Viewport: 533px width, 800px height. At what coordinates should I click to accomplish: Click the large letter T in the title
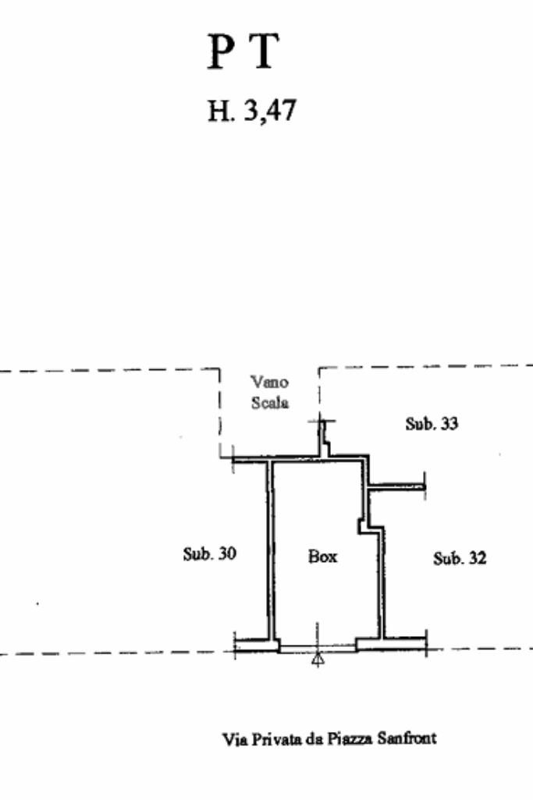pos(265,53)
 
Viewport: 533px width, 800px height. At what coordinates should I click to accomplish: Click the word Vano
pos(269,382)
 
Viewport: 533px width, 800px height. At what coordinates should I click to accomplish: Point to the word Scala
pos(269,403)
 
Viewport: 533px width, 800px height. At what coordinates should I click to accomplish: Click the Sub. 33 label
pos(432,424)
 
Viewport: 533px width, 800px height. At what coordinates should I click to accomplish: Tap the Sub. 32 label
pos(460,558)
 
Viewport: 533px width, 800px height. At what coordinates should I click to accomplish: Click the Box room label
pos(322,556)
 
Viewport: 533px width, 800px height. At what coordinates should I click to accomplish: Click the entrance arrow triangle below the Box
pos(318,660)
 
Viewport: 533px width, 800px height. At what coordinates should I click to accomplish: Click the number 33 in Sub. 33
pos(449,424)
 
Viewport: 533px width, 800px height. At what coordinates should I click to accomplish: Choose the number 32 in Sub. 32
pos(477,558)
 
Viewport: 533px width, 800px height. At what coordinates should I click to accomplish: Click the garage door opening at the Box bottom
pos(318,647)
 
